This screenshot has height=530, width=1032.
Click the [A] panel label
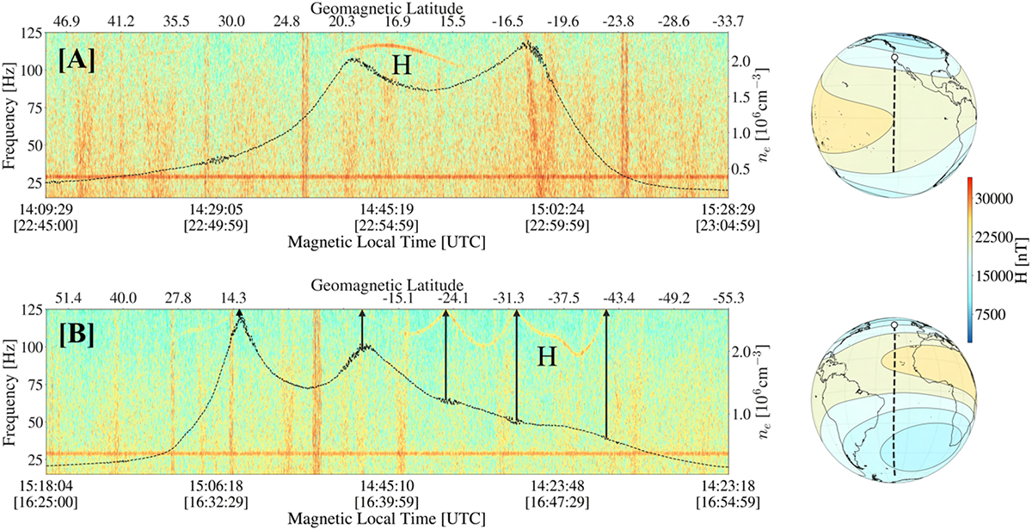pyautogui.click(x=77, y=62)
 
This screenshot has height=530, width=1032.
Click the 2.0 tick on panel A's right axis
pyautogui.click(x=746, y=62)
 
